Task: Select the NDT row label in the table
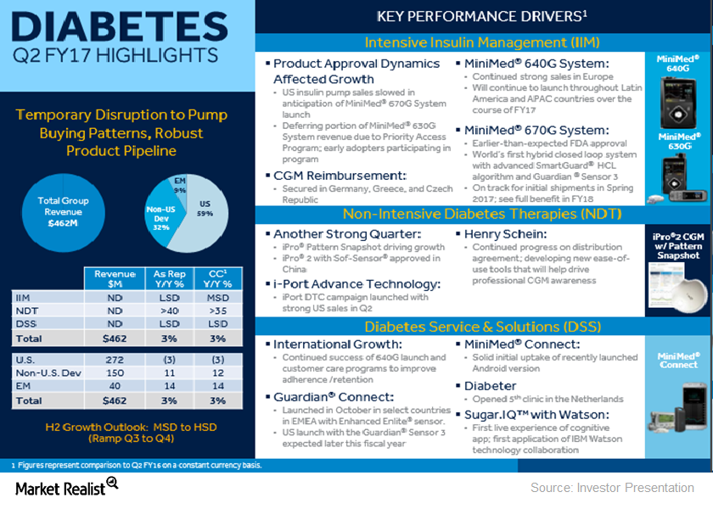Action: (x=26, y=310)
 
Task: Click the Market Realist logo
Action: (x=65, y=486)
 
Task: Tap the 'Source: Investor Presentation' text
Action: (x=612, y=488)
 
